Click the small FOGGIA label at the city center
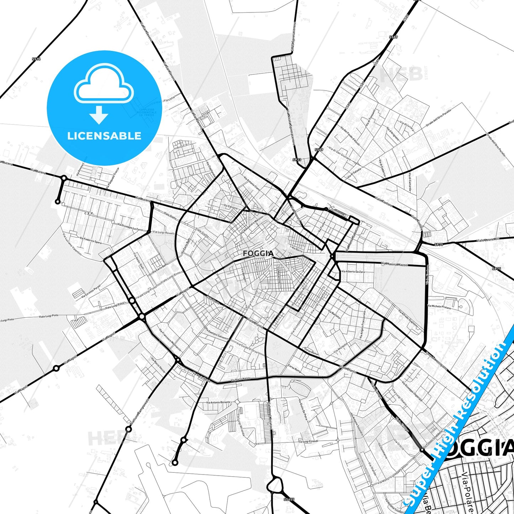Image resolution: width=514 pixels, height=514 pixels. [258, 253]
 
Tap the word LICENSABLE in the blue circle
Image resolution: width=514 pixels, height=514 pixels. [104, 136]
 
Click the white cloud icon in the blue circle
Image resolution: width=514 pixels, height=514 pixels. [104, 85]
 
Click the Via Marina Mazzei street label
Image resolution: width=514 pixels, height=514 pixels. [394, 264]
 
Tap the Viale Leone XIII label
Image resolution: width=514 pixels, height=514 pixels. [488, 240]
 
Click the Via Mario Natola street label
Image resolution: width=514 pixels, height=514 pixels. [240, 380]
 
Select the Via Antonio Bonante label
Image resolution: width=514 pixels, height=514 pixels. [218, 402]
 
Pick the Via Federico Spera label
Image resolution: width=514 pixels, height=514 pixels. [91, 240]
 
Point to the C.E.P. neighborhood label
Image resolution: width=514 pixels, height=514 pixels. [89, 213]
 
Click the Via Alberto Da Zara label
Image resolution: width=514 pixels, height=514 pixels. [353, 271]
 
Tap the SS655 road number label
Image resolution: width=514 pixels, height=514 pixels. [289, 499]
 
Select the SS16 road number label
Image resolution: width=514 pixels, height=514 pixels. [36, 59]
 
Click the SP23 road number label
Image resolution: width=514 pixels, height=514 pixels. [297, 160]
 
